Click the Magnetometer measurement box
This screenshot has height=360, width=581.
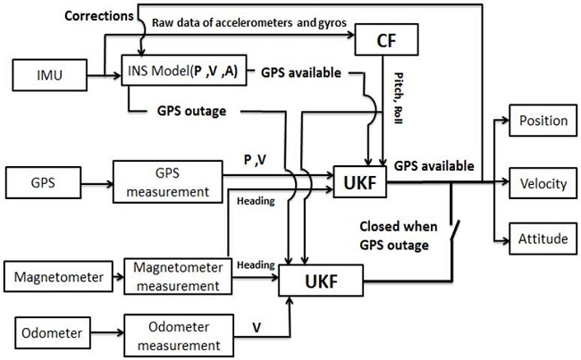[171, 277]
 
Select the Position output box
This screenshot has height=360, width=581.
[543, 121]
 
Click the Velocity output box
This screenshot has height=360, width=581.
[543, 183]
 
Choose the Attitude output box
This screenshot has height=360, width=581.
[543, 239]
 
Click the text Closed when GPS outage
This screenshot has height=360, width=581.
[392, 235]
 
